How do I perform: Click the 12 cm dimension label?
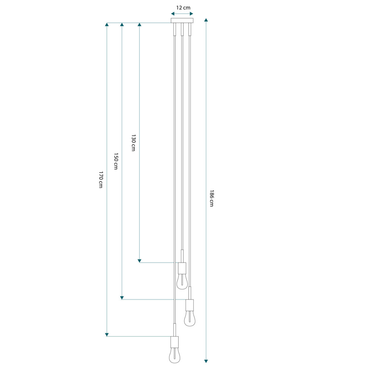tap(183, 8)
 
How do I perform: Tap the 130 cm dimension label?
tap(133, 143)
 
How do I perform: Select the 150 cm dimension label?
tap(116, 161)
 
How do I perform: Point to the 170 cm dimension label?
tap(101, 180)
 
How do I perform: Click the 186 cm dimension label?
tap(212, 198)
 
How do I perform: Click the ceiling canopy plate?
tap(182, 21)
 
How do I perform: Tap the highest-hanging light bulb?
tap(182, 282)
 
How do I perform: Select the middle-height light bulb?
tap(190, 319)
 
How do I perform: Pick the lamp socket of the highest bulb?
tap(182, 268)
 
